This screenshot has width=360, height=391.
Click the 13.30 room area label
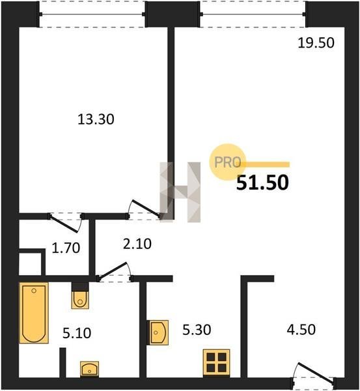96,119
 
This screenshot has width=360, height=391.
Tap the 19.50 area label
316,42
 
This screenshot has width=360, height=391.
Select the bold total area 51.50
262,182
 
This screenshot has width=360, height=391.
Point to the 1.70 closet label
66,248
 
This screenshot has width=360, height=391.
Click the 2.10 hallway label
137,244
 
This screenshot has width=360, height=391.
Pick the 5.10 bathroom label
77,333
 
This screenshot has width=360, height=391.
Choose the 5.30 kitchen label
197,330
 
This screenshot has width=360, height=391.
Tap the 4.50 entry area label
301,329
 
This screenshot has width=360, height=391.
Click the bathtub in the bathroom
34,313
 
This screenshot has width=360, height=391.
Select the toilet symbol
80,298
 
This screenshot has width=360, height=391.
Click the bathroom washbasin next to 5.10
89,369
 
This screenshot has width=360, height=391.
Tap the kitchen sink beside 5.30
159,332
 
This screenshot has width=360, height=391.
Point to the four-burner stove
217,362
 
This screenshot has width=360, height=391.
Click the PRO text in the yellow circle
228,162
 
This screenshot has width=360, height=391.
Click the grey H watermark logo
180,192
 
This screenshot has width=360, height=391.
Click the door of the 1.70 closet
65,223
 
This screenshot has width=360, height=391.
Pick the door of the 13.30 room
145,209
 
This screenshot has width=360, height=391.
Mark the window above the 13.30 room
92,14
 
